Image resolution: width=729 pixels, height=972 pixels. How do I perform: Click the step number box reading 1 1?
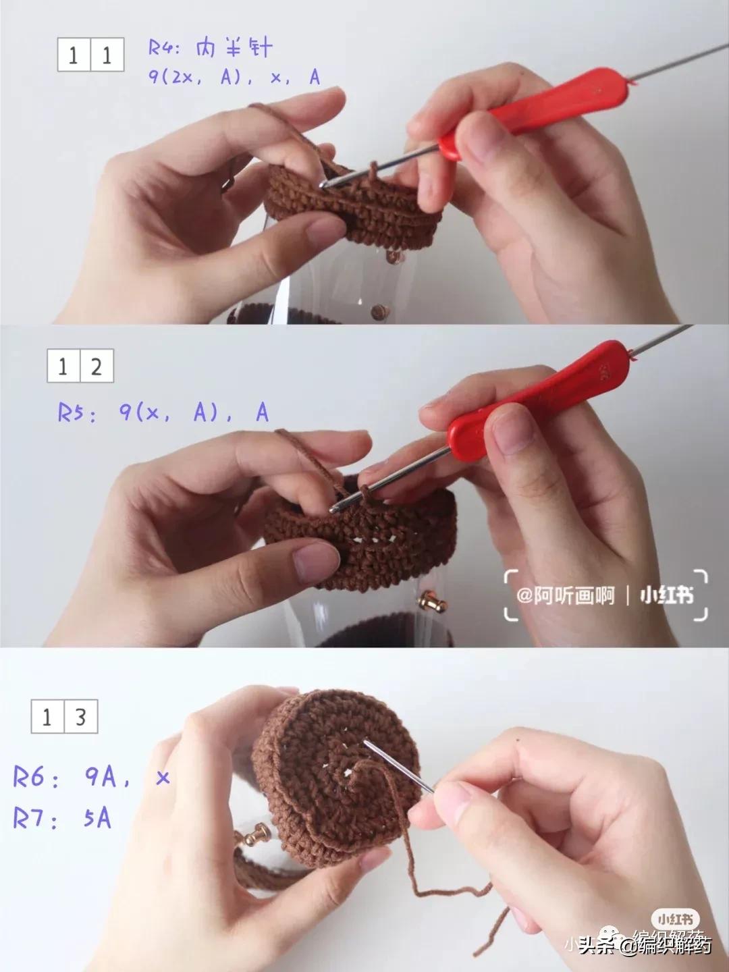pos(90,55)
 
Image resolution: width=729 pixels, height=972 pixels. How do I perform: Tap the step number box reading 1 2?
pos(80,366)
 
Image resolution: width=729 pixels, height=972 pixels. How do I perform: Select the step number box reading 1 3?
pos(65,716)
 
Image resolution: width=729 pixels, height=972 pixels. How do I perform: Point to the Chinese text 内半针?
pos(235,48)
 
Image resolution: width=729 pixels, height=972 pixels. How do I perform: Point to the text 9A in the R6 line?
pos(101,776)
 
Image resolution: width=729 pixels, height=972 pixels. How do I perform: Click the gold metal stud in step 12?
pos(428,600)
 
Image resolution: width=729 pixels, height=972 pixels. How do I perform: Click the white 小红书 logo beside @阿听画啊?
pos(667,596)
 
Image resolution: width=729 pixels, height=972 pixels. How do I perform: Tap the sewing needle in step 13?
pos(398,767)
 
